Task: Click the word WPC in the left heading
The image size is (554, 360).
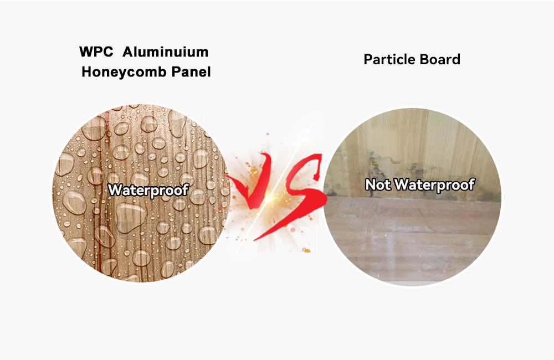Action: [x=96, y=52]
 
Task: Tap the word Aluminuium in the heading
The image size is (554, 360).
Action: [x=165, y=52]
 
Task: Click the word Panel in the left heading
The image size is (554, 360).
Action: [x=191, y=71]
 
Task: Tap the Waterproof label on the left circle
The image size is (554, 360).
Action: [x=148, y=191]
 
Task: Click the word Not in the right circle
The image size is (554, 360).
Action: [x=378, y=184]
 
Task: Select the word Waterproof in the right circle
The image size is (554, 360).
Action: [x=434, y=185]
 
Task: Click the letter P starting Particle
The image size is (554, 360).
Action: [x=368, y=59]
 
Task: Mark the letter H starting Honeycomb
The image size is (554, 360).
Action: [x=86, y=71]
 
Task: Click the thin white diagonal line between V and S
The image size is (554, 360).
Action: [x=275, y=187]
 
